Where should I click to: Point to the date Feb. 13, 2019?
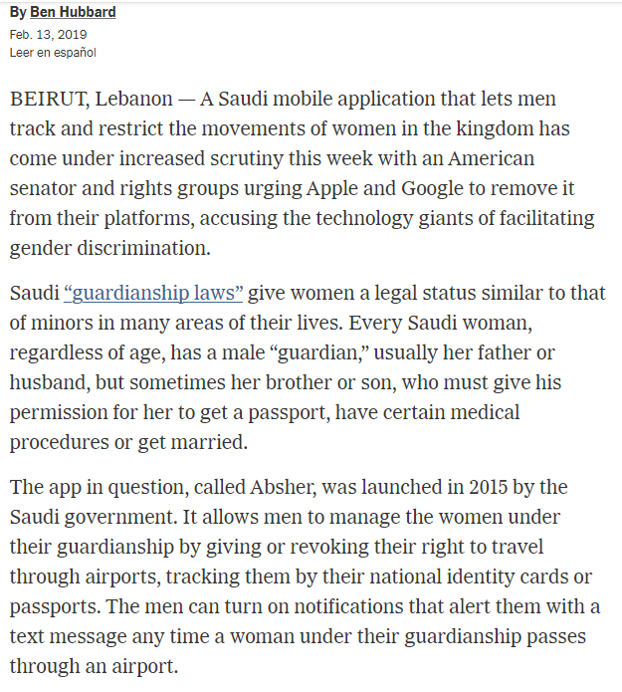(49, 35)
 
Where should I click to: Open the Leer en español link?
(53, 52)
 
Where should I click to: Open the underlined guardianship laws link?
(154, 294)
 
